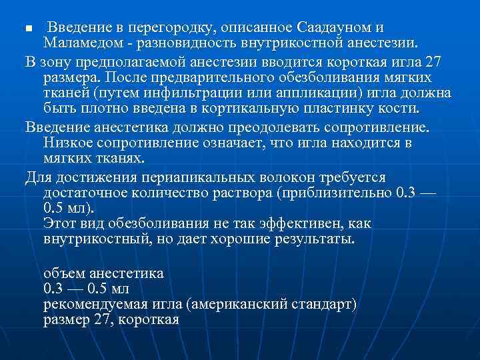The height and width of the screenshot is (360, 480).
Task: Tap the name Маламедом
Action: [x=79, y=43]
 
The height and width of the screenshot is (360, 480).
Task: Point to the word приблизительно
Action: [x=332, y=192]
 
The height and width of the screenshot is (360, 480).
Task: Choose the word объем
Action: [x=65, y=273]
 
